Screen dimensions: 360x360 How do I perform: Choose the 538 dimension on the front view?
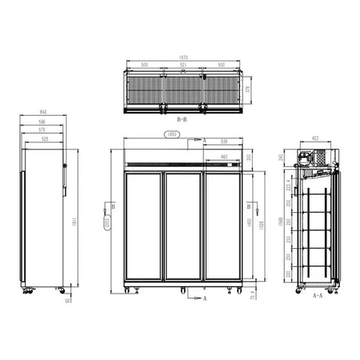click(224, 142)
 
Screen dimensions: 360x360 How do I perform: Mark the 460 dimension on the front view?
click(225, 157)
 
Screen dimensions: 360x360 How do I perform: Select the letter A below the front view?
click(205, 299)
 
